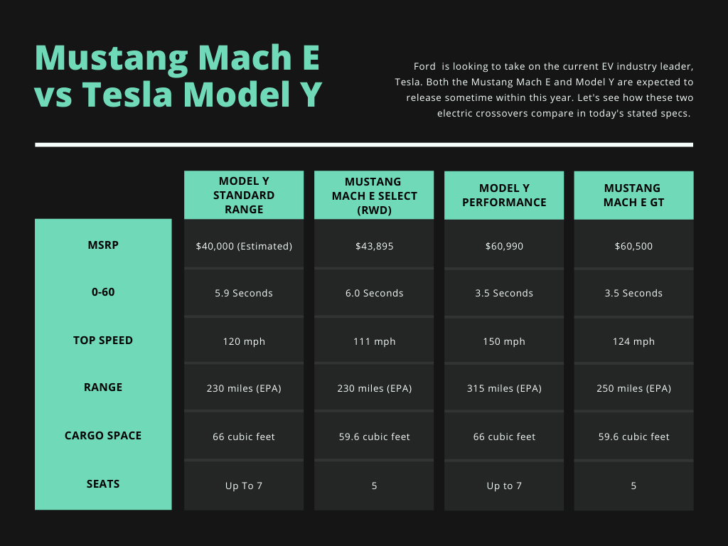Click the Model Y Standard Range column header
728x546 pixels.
coord(244,195)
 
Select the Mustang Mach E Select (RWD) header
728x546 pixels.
coord(374,195)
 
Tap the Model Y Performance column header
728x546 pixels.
coord(504,195)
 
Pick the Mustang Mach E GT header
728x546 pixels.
coord(633,195)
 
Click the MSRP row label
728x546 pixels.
coord(103,245)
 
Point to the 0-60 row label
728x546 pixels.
coord(103,292)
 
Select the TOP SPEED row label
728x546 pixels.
coord(103,341)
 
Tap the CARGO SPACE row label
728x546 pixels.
coord(103,436)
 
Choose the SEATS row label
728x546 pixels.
coord(103,483)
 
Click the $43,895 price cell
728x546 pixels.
coord(374,246)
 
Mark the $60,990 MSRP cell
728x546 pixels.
coord(504,246)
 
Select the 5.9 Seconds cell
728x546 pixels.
coord(244,293)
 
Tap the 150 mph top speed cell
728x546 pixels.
coord(504,341)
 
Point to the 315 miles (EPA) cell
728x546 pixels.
coord(504,388)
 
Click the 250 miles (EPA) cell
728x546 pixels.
coord(633,388)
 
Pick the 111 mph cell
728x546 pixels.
coord(374,341)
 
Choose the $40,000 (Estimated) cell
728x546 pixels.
coord(244,246)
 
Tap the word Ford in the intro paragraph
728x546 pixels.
coord(425,66)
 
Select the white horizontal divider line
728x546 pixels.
coord(364,145)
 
